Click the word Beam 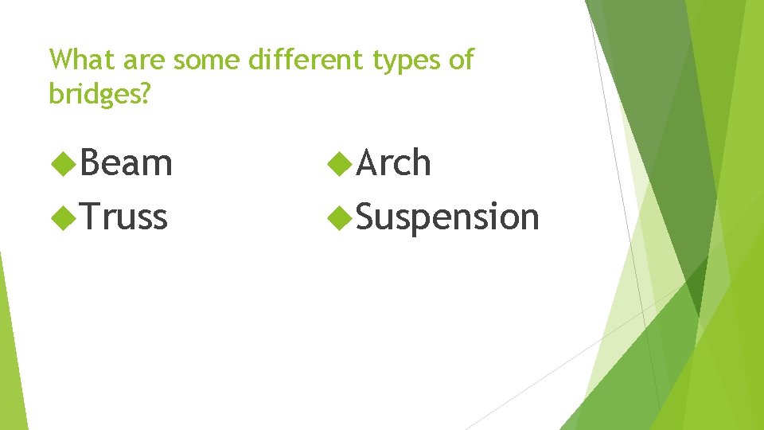pos(126,164)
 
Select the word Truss pos(123,217)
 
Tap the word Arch pos(394,164)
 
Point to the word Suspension pos(447,217)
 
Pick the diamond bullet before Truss pos(61,217)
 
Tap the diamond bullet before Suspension pos(340,217)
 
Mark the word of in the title pos(461,60)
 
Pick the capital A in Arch pos(368,164)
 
